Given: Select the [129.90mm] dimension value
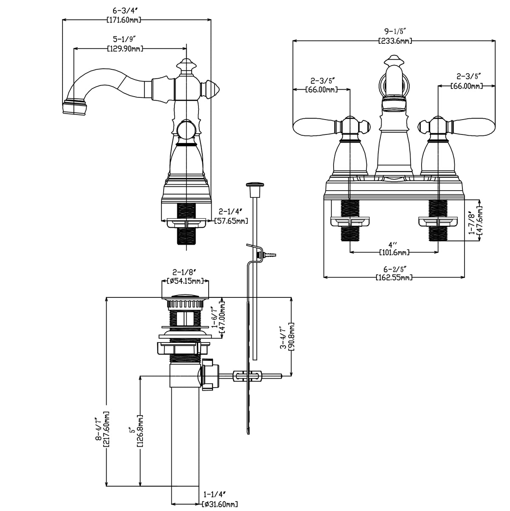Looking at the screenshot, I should coord(125,49).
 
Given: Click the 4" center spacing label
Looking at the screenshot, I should coord(394,245).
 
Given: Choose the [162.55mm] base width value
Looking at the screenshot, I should coord(394,278).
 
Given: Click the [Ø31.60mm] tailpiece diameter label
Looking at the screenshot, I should coord(219,504).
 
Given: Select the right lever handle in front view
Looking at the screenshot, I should coord(475,127).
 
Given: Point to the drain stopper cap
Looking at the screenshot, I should coord(185,297).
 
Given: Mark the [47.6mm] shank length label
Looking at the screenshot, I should coord(480,221).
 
